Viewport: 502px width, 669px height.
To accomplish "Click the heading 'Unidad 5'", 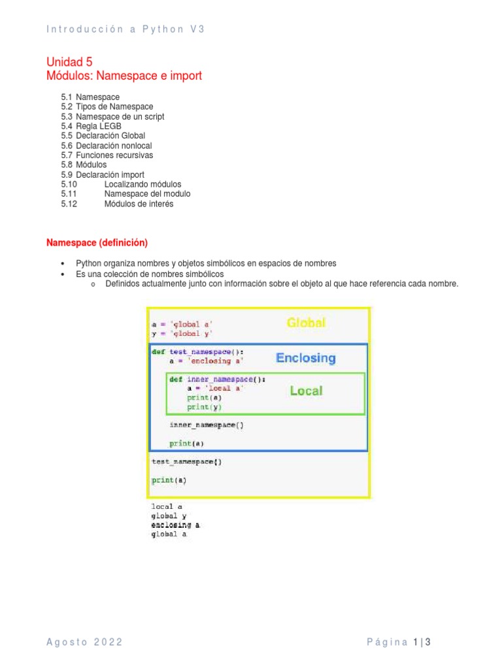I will pyautogui.click(x=69, y=62).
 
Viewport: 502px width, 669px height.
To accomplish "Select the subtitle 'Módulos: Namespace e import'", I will pyautogui.click(x=124, y=76).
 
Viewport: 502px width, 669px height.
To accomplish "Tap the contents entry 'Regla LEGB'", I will pyautogui.click(x=99, y=126).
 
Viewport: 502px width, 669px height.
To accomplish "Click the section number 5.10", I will pyautogui.click(x=69, y=184).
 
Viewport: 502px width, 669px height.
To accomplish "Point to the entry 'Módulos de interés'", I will pyautogui.click(x=139, y=204).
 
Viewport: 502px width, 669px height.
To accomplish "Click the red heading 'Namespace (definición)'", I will pyautogui.click(x=97, y=243).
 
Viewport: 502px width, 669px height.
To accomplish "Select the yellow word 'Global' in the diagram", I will pyautogui.click(x=306, y=323).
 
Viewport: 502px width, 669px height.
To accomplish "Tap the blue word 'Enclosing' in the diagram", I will pyautogui.click(x=306, y=358).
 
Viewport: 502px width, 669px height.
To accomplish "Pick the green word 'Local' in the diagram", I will pyautogui.click(x=306, y=391).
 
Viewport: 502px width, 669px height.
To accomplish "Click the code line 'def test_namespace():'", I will pyautogui.click(x=197, y=351).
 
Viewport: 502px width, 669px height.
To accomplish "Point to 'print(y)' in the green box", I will pyautogui.click(x=198, y=407).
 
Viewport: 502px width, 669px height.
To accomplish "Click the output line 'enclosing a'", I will pyautogui.click(x=176, y=525).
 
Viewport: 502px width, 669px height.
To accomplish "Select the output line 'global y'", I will pyautogui.click(x=169, y=515).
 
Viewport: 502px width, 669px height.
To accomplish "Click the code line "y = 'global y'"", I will pyautogui.click(x=182, y=333).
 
